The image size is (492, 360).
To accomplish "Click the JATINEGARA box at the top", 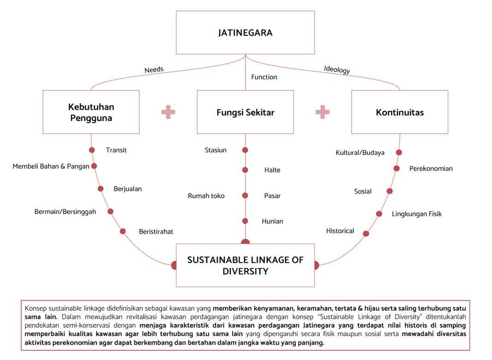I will click(245, 33).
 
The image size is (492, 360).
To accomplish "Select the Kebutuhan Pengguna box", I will click(91, 112).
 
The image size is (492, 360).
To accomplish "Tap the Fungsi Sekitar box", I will click(245, 112).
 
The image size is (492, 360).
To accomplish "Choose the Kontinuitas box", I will click(399, 112).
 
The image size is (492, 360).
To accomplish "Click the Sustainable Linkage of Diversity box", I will click(245, 265).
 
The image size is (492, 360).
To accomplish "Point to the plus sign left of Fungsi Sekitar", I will click(168, 112).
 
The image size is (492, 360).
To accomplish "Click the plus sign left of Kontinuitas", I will click(322, 112).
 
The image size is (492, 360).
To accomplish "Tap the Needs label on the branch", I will click(154, 70).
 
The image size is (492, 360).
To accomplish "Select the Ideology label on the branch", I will click(337, 70).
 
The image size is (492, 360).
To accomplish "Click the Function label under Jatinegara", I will click(264, 77).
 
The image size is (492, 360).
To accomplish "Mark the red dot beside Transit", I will click(92, 150).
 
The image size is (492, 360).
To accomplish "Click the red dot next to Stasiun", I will click(245, 150).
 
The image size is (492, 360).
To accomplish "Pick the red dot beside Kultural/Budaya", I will click(399, 152).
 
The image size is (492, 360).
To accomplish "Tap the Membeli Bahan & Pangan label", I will click(51, 166).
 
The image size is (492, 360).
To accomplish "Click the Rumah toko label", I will click(206, 196).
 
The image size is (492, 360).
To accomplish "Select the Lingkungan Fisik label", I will click(416, 214).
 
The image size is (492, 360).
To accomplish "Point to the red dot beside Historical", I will click(366, 234).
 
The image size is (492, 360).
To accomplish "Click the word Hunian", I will click(272, 221).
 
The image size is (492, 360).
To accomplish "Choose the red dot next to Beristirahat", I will click(123, 231).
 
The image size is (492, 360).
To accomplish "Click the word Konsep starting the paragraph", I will click(35, 308).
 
